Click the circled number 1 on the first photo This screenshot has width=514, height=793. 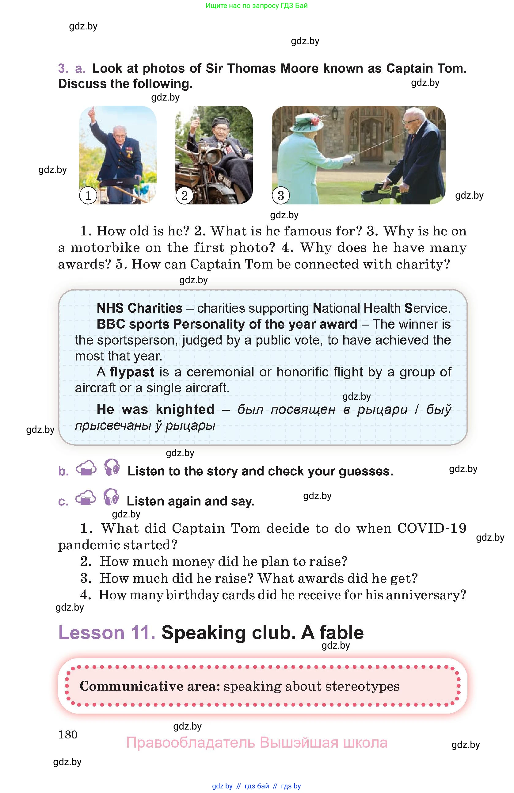[88, 195]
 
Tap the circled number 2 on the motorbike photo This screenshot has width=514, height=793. [184, 195]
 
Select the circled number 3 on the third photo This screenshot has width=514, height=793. [280, 195]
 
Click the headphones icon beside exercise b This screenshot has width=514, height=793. [112, 467]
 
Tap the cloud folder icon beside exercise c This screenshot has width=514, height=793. [86, 498]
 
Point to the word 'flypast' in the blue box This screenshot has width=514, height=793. [132, 372]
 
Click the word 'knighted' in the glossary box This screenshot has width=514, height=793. [185, 409]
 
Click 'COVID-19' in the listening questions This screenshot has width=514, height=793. [432, 528]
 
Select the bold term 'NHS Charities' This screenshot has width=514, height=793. [139, 308]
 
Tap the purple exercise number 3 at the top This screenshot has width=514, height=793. [63, 68]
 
